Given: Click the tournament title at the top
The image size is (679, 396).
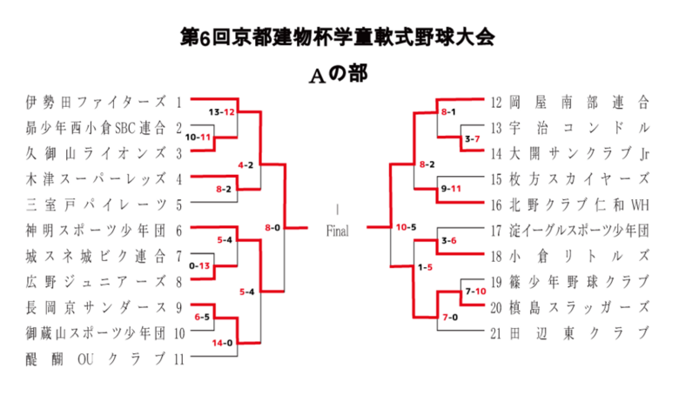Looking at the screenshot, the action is click(338, 37).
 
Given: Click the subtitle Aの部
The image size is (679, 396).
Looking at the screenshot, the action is click(339, 74).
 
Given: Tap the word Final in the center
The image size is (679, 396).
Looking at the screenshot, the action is click(338, 231).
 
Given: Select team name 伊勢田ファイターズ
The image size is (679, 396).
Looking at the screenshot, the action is click(96, 102).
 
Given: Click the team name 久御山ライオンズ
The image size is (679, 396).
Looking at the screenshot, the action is click(96, 153).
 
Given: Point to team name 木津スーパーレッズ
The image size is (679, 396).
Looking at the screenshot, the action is click(96, 178).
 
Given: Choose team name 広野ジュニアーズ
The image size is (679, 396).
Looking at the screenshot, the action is click(96, 282).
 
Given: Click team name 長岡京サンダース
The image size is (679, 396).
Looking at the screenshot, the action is click(96, 307).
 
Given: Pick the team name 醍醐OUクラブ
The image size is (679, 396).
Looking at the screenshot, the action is click(96, 359).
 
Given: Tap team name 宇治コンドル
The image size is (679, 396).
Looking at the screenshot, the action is click(579, 128).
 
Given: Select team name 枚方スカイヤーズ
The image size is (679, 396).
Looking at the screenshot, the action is click(579, 178).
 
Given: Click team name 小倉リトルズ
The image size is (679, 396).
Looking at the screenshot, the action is click(579, 256).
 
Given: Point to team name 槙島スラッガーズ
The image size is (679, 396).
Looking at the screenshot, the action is click(579, 307).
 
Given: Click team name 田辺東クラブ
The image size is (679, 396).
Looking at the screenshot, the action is click(579, 333).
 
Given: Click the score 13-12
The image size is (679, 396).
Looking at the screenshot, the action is click(221, 112).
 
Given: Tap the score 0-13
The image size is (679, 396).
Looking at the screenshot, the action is click(199, 265).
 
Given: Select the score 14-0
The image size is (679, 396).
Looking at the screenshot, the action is click(222, 343).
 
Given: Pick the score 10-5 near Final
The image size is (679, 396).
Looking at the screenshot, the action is click(406, 227).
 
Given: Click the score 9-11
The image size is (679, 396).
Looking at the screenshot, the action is click(451, 189).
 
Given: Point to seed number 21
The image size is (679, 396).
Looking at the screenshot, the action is click(496, 333).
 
